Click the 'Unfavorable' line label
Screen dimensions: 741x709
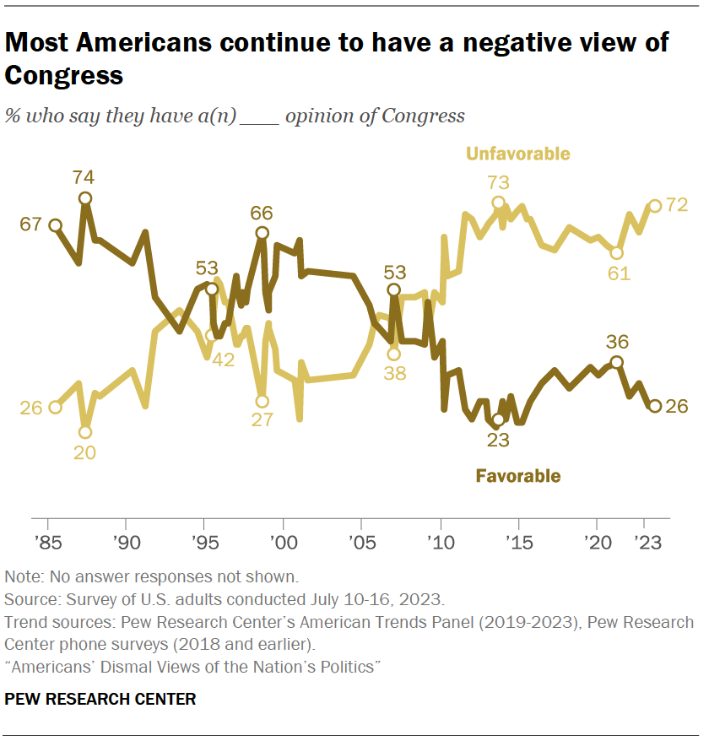(x=517, y=154)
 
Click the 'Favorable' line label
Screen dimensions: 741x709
(x=517, y=476)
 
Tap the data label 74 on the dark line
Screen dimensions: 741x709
(x=84, y=177)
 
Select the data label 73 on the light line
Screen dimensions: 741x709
(x=498, y=181)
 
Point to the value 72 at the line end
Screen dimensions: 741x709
(x=677, y=205)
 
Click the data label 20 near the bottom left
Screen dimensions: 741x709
(x=84, y=452)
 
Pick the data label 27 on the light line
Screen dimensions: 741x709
(x=262, y=420)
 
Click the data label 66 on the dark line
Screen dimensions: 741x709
(x=262, y=213)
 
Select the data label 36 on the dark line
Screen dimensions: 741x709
(x=617, y=342)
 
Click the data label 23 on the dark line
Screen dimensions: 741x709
(x=498, y=439)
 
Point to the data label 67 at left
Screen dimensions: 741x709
(x=31, y=225)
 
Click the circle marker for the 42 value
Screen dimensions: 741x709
(x=212, y=335)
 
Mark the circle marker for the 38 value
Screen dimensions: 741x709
(x=393, y=354)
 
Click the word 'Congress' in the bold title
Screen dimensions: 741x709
(x=64, y=75)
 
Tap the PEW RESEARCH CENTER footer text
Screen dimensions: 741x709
(x=100, y=699)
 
